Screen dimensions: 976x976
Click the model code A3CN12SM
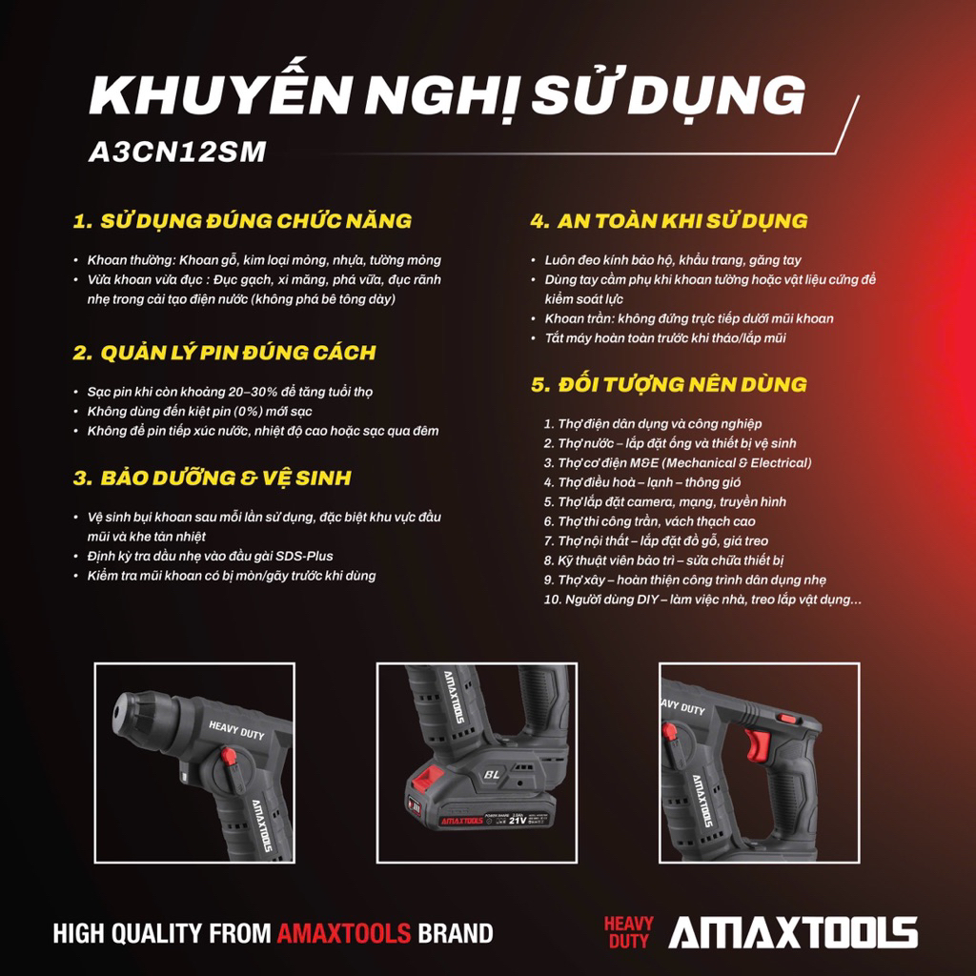177,152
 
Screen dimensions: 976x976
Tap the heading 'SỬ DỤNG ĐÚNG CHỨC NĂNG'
255,220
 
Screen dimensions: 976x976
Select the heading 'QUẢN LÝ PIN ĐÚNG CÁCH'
238,353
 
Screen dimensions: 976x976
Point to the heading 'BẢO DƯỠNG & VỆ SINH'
226,478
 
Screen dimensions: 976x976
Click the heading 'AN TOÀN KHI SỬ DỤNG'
682,220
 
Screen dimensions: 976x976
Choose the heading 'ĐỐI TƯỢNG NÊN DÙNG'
682,384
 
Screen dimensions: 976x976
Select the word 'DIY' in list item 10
647,600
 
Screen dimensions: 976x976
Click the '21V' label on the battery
518,820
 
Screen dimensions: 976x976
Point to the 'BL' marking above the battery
492,774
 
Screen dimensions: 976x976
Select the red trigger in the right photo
757,745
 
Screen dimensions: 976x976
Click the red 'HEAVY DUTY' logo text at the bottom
629,932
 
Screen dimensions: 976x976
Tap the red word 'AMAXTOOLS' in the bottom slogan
344,933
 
